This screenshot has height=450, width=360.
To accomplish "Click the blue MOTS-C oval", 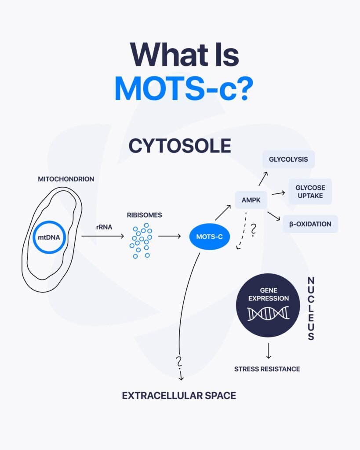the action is (x=210, y=237).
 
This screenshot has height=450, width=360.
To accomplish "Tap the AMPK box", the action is (x=251, y=200).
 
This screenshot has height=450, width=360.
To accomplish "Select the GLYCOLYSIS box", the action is (x=288, y=159).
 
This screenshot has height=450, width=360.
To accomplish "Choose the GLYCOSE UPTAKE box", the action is (x=310, y=192).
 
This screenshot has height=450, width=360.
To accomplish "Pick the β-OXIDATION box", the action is (x=310, y=224).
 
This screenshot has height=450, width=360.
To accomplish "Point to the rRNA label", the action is (x=104, y=227).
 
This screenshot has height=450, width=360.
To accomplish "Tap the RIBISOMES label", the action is (x=145, y=215).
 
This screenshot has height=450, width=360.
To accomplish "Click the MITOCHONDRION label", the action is (x=66, y=179).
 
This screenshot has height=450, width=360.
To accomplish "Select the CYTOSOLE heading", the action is (x=180, y=146).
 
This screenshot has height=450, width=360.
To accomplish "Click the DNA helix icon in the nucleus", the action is (x=268, y=313).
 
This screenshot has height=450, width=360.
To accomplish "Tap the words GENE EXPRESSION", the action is (x=269, y=294).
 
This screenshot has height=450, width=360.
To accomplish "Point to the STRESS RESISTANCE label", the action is (x=267, y=369).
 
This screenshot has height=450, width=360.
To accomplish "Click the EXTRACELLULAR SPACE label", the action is (x=179, y=396).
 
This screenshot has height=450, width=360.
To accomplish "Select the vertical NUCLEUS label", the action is (x=311, y=308).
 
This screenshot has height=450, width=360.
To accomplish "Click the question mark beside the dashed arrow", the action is (x=253, y=230).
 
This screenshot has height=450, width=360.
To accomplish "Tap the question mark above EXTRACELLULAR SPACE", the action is (x=179, y=362).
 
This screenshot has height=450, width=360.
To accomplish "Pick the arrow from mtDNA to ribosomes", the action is (x=102, y=236).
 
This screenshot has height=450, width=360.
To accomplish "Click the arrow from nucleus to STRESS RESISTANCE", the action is (x=269, y=351).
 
